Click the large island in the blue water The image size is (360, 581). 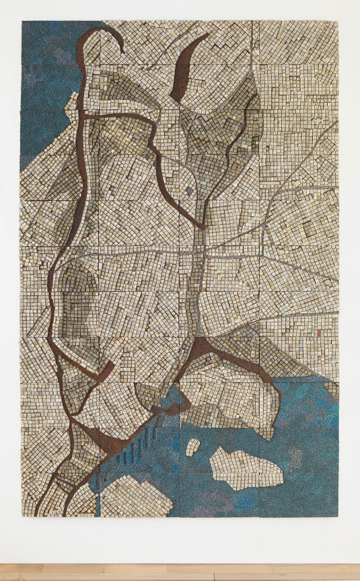245,467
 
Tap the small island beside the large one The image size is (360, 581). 193,446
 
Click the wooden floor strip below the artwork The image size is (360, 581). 180,572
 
